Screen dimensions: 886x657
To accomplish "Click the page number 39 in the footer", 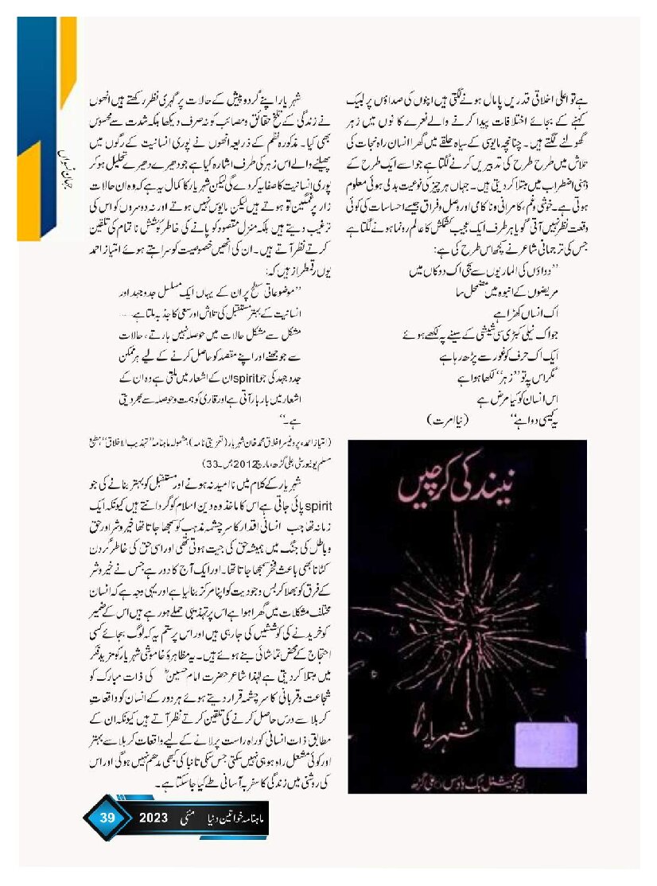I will coord(107,817).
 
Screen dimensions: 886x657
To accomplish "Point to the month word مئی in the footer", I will coord(190,817).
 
